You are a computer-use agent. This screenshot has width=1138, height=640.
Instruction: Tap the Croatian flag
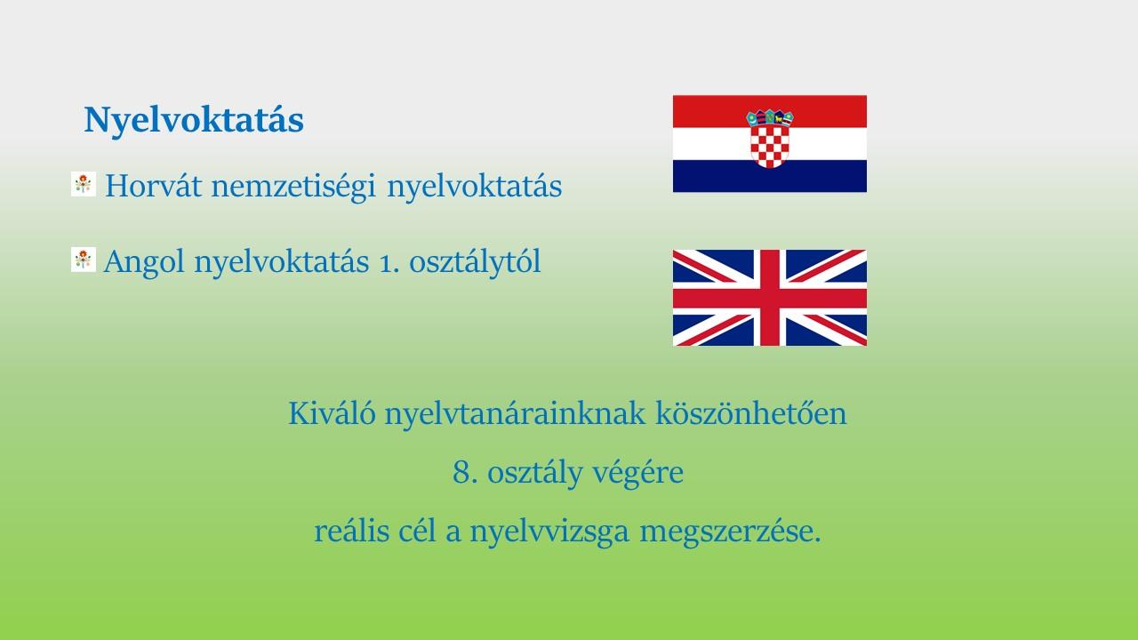pyautogui.click(x=770, y=144)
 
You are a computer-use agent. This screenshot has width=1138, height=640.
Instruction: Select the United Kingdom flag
pyautogui.click(x=770, y=298)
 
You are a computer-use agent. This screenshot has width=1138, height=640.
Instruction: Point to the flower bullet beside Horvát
pyautogui.click(x=84, y=184)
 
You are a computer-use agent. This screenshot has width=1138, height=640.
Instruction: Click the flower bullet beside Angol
pyautogui.click(x=84, y=260)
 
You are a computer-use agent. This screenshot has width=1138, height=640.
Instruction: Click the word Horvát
pyautogui.click(x=154, y=186)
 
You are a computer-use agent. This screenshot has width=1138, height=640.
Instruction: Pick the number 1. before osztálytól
pyautogui.click(x=389, y=263)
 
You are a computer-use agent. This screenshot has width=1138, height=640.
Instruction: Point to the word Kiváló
pyautogui.click(x=333, y=413)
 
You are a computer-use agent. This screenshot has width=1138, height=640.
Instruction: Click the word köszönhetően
pyautogui.click(x=751, y=413)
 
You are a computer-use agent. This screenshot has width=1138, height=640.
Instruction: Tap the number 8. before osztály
pyautogui.click(x=465, y=473)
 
